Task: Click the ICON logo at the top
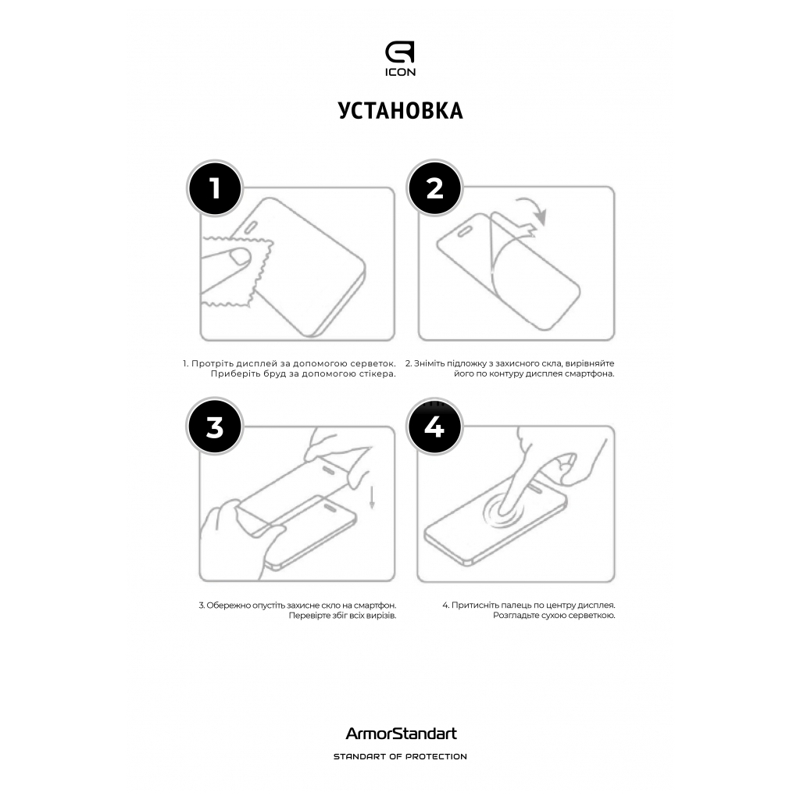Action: tap(400, 59)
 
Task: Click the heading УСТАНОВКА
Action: tap(400, 111)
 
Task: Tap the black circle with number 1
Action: tap(215, 188)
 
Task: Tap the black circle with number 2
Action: tap(434, 188)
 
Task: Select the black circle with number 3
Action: tap(215, 428)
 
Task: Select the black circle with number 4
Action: tap(434, 428)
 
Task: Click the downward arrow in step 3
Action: tap(372, 497)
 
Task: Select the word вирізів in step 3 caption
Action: tap(378, 616)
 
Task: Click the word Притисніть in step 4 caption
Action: tap(477, 605)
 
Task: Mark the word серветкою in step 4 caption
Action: tap(589, 616)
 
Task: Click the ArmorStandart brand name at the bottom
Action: tap(401, 734)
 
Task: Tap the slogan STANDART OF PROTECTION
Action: tap(400, 756)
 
